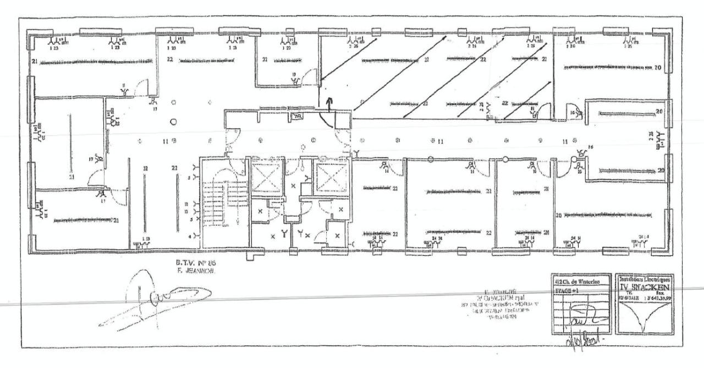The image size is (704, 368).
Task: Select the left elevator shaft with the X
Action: click(x=266, y=176)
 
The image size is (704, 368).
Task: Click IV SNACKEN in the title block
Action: click(x=646, y=288)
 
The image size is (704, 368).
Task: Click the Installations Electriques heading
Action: click(x=646, y=280)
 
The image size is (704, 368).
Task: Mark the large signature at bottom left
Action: click(x=165, y=300)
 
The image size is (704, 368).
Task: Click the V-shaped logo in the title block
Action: click(x=646, y=319)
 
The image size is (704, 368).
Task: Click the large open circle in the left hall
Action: click(x=174, y=122)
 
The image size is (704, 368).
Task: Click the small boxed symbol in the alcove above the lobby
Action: click(x=299, y=116)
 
